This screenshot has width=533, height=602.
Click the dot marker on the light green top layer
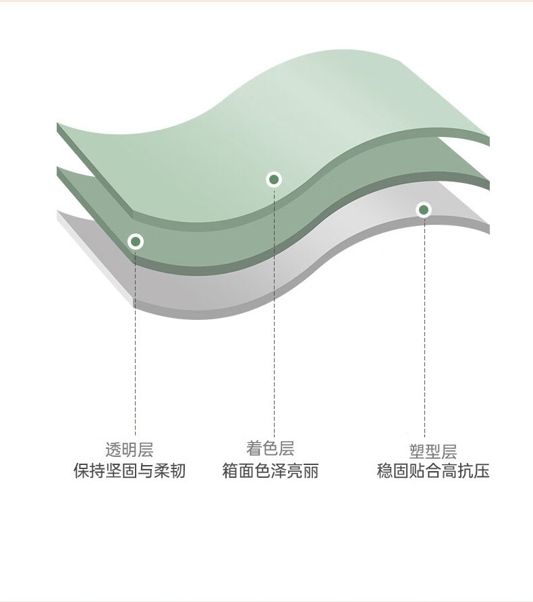pyautogui.click(x=274, y=180)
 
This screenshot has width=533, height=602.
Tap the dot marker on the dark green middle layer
pyautogui.click(x=136, y=242)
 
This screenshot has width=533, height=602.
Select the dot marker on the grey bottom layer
pyautogui.click(x=424, y=210)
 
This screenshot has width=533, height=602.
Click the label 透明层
pyautogui.click(x=130, y=449)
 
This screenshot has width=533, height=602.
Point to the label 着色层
pyautogui.click(x=270, y=448)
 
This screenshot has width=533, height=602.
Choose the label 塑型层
pyautogui.click(x=433, y=451)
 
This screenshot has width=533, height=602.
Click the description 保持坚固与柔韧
pyautogui.click(x=130, y=470)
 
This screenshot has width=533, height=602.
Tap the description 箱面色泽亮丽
pyautogui.click(x=270, y=470)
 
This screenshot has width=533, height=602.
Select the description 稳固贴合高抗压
pyautogui.click(x=433, y=470)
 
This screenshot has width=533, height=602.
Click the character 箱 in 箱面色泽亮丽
pyautogui.click(x=230, y=470)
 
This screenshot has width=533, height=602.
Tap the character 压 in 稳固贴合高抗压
pyautogui.click(x=482, y=470)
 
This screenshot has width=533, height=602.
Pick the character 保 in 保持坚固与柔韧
pyautogui.click(x=82, y=470)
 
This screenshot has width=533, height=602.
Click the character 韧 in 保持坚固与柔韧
pyautogui.click(x=177, y=470)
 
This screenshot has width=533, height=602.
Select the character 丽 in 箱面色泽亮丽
pyautogui.click(x=311, y=470)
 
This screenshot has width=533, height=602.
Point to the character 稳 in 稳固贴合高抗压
pyautogui.click(x=385, y=470)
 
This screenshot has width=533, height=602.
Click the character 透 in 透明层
pyautogui.click(x=113, y=449)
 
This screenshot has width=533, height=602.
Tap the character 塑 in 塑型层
pyautogui.click(x=417, y=451)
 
